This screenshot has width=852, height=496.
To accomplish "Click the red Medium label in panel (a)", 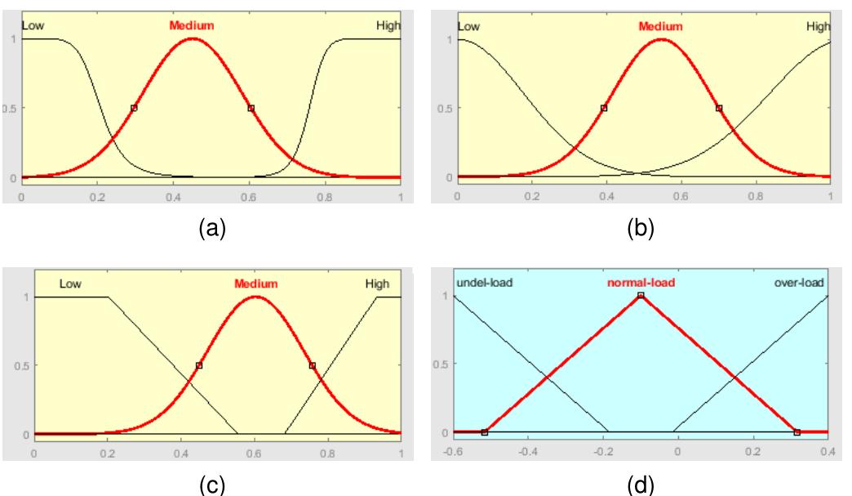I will point(192,25).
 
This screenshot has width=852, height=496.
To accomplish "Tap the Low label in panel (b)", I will point(468,27).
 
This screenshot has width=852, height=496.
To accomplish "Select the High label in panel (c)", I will point(377,284).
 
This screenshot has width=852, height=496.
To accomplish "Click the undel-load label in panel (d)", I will point(484,284).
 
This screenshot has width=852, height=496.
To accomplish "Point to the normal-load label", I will point(641,284).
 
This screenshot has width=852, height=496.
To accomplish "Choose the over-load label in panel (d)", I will point(799,284).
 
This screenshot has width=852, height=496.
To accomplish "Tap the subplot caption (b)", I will point(641,229).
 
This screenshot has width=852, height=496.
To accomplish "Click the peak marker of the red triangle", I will point(641,296).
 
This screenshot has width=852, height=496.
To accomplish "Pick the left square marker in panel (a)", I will point(134,108).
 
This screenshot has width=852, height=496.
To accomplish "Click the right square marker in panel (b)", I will point(719,108).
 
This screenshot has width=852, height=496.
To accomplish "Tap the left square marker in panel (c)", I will point(199,365).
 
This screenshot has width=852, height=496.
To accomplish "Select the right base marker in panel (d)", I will point(797,431).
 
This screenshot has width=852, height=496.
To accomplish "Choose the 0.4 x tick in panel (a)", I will point(173,197).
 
